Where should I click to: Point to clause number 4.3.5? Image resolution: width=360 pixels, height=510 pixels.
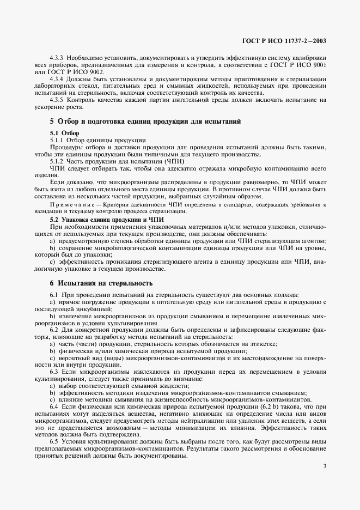(57, 100)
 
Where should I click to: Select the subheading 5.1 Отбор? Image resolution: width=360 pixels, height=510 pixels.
(64, 133)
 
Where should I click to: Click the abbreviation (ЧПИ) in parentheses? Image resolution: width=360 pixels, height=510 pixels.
(174, 161)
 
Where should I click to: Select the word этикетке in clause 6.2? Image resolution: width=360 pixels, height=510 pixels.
(261, 344)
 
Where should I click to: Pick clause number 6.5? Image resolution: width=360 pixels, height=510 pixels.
(53, 442)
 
